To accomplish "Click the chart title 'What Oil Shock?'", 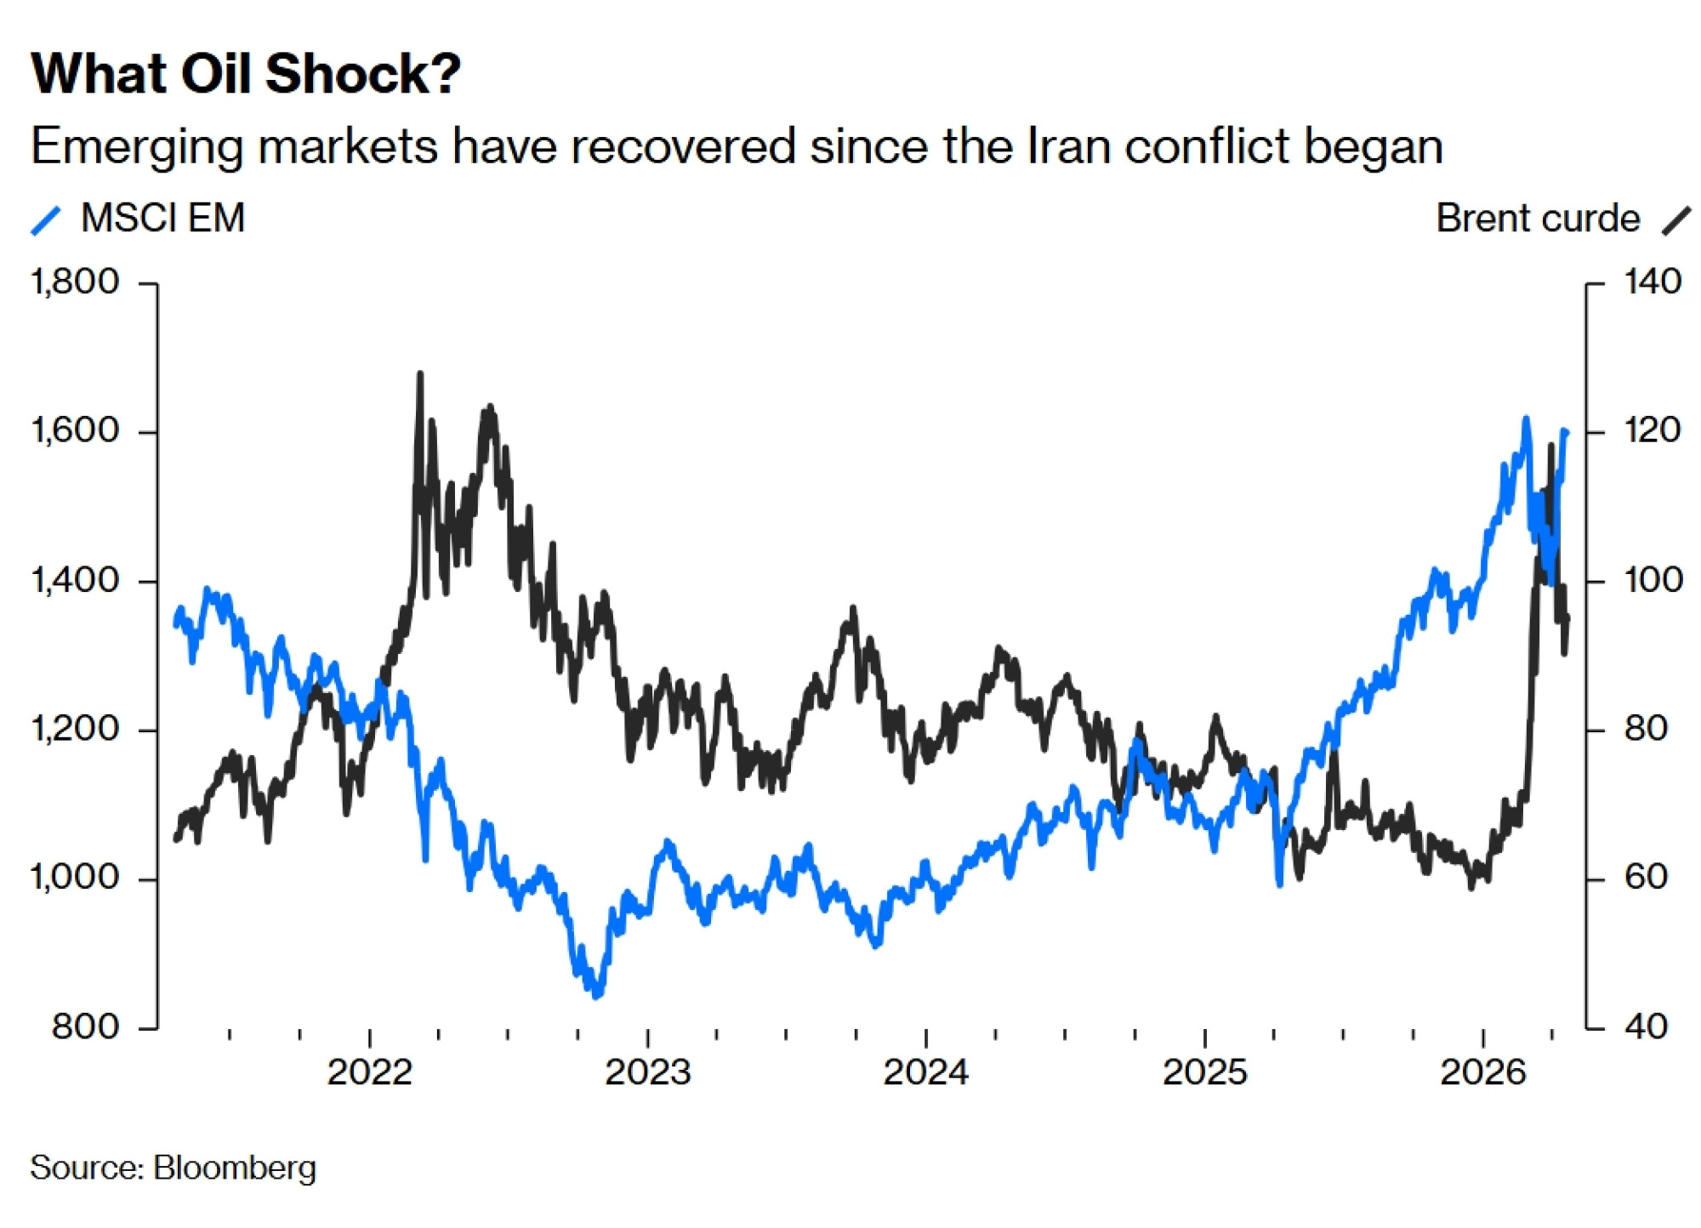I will [246, 74].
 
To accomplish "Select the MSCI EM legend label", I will [162, 219].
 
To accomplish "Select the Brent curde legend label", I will [1537, 219].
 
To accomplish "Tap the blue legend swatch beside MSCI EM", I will [46, 220].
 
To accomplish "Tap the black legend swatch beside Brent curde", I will [1676, 220].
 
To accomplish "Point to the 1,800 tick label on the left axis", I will [75, 282].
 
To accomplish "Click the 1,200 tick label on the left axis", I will [75, 729].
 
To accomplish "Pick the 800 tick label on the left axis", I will [85, 1026].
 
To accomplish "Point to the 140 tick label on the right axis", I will [1652, 282].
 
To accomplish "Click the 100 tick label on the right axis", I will [1652, 580].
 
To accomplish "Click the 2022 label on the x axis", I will [369, 1072].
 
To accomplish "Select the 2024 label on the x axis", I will [925, 1072].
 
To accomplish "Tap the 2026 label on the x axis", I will [1482, 1072].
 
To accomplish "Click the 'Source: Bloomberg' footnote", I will [173, 1168].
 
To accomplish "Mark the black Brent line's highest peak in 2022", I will [420, 373].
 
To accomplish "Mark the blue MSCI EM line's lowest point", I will [596, 996].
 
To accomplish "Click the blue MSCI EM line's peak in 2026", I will [1526, 418].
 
